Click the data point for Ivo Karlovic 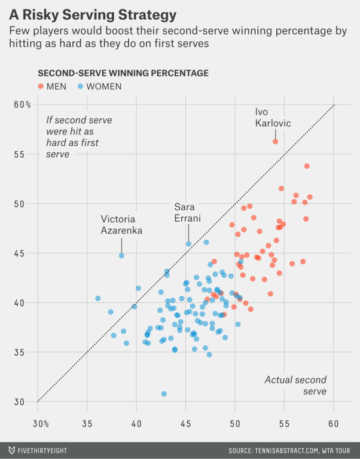point(276,142)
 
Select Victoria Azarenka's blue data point point(121,255)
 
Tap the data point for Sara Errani point(188,244)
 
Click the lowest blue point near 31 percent point(164,394)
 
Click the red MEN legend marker point(41,86)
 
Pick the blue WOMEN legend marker point(81,86)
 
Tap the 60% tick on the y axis point(23,105)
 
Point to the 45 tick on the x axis point(185,424)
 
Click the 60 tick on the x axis point(334,424)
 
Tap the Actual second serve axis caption point(295,385)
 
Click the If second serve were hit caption point(78,137)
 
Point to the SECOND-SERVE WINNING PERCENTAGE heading point(123,73)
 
